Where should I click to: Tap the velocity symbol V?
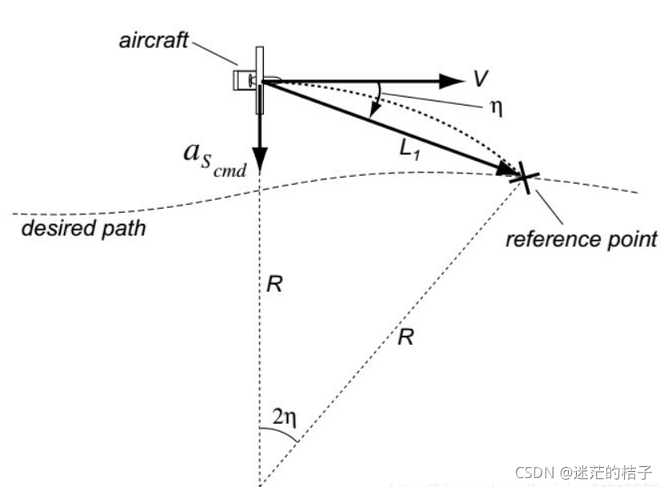480,78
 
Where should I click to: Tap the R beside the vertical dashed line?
275,284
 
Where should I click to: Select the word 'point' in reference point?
630,238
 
